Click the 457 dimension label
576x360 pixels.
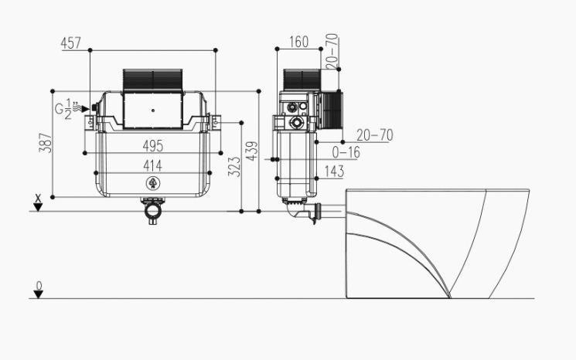70,42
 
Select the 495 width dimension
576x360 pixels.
153,146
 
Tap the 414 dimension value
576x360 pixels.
152,165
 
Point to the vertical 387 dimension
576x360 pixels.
46,143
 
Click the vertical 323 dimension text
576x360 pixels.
234,167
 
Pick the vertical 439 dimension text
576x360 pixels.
252,151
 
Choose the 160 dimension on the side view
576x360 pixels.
298,42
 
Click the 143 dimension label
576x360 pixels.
334,172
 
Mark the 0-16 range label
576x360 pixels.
346,152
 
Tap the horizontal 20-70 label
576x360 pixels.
375,135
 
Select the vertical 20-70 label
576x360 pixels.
332,51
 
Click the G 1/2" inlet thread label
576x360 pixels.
66,109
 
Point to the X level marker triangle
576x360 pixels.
38,207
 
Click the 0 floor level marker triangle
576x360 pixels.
38,294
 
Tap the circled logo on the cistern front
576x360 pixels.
153,183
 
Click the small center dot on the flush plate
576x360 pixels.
153,110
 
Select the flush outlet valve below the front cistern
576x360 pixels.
153,211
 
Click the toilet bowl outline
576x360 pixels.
438,243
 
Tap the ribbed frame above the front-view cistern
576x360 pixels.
152,80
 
